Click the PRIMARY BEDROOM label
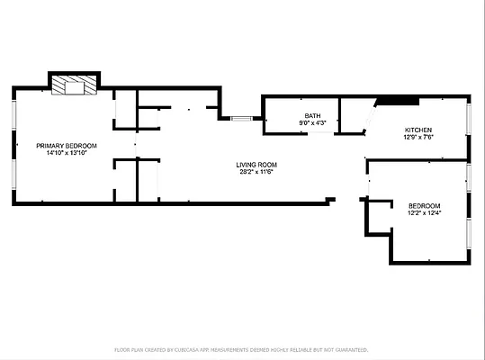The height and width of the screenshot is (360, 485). [x=66, y=145]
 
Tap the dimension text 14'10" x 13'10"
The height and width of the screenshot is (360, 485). [x=66, y=153]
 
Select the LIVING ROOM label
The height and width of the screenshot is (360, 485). [x=256, y=165]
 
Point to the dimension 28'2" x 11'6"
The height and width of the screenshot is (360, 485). [x=256, y=173]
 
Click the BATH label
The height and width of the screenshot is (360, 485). [x=312, y=115]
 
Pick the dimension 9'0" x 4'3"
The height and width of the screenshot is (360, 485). [x=312, y=123]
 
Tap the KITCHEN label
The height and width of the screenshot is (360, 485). [x=418, y=130]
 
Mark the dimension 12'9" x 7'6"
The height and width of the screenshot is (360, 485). [x=418, y=138]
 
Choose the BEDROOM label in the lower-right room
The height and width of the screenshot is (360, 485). [x=424, y=205]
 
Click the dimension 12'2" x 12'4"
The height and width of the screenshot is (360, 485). [x=424, y=213]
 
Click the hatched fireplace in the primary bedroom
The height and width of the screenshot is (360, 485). [x=73, y=85]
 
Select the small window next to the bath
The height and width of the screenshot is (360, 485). [x=241, y=118]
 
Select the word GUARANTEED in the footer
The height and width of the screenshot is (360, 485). [x=351, y=349]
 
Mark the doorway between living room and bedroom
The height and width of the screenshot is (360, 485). [x=367, y=184]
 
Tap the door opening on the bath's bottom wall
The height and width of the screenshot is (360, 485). [x=320, y=135]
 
